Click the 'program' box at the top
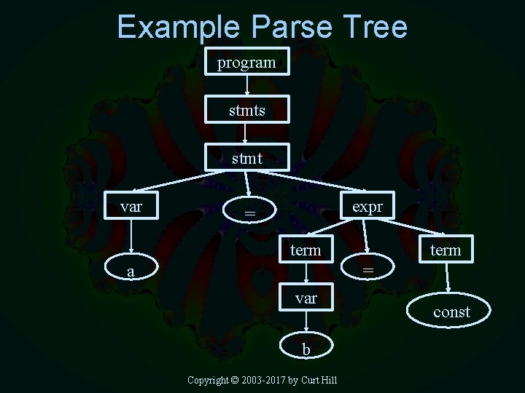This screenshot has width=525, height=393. (x=246, y=63)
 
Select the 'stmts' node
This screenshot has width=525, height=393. (x=246, y=111)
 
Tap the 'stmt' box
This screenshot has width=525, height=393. (x=246, y=158)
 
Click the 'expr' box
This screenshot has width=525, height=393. (x=367, y=207)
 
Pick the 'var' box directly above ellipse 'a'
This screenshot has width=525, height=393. (x=131, y=207)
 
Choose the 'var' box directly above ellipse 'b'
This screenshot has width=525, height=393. (x=306, y=298)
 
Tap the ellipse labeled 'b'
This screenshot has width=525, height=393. (x=306, y=349)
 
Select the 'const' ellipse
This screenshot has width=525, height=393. (x=451, y=312)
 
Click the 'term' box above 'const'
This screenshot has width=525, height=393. (x=446, y=250)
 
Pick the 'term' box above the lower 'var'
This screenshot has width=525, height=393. (x=306, y=250)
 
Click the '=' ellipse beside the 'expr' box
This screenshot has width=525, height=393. (x=250, y=212)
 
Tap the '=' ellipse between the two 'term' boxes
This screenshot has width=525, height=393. (x=368, y=270)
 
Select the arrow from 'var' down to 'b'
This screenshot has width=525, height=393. (x=306, y=323)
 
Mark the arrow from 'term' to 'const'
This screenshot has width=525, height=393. (x=448, y=278)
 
